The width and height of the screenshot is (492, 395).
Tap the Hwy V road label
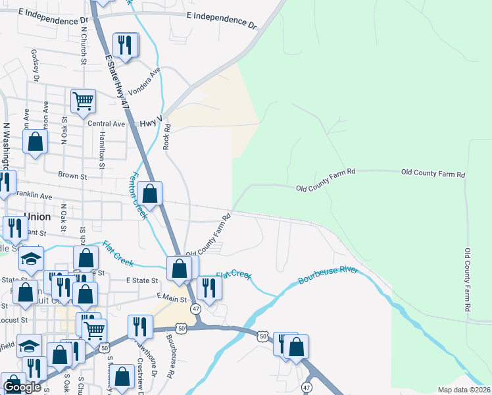[151, 123]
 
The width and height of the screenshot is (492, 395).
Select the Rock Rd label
[167, 136]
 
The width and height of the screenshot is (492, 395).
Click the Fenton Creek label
[138, 196]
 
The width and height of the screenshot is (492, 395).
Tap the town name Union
[37, 216]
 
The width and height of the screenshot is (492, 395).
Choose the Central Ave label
[106, 124]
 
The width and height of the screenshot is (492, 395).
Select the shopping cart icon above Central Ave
[84, 101]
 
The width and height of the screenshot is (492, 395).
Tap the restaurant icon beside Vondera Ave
[125, 45]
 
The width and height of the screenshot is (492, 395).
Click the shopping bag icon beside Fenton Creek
[151, 194]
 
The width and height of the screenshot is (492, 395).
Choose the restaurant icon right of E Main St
[209, 288]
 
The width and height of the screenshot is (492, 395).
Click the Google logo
[22, 387]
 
